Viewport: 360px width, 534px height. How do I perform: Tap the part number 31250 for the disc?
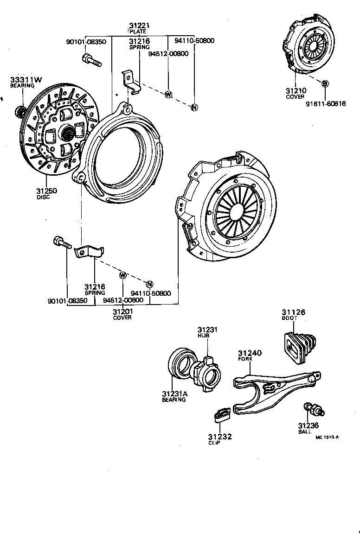tap(46, 191)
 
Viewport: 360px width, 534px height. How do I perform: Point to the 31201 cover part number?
tap(122, 311)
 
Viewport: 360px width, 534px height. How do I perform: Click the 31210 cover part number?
tap(295, 91)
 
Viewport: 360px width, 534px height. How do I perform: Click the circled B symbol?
tap(325, 83)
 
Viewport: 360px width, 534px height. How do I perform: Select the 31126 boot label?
tap(293, 312)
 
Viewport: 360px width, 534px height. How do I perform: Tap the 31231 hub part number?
tap(206, 330)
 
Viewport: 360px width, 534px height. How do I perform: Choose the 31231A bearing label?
tap(174, 394)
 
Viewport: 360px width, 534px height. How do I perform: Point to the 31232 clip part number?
tap(219, 437)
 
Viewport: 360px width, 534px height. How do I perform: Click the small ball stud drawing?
tap(314, 409)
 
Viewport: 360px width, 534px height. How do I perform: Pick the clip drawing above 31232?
tap(222, 414)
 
